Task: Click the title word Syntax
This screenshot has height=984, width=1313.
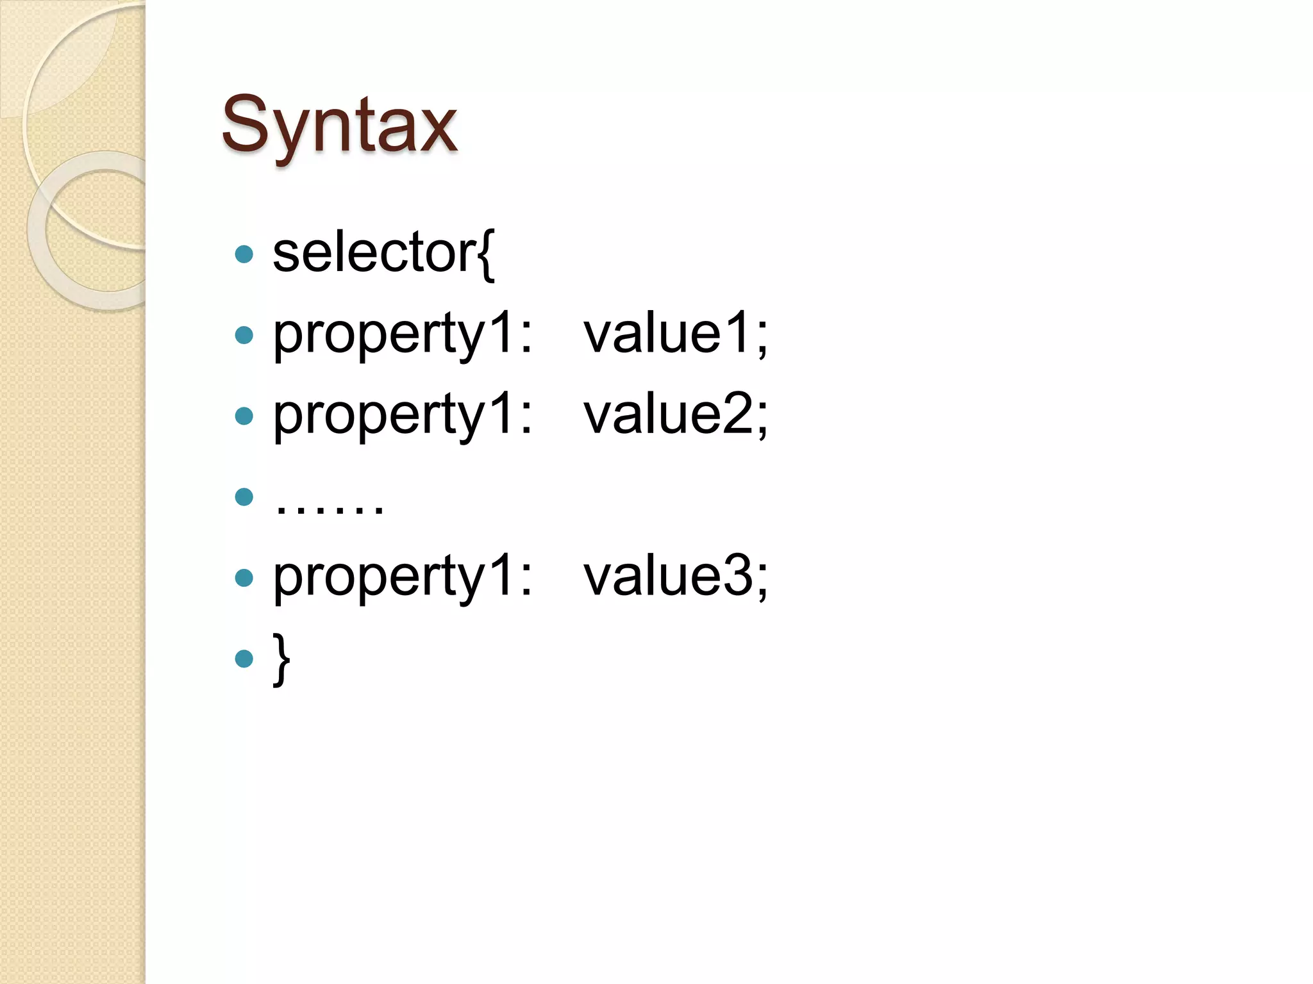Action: click(339, 125)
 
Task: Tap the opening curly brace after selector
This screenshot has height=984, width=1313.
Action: click(486, 255)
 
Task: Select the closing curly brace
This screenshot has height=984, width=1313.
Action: click(281, 659)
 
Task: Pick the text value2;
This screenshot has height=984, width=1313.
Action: click(675, 414)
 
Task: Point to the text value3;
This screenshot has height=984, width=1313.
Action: click(675, 576)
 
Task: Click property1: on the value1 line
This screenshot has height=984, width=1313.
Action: click(403, 334)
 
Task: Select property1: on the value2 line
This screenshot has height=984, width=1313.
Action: click(403, 416)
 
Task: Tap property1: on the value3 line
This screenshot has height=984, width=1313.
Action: click(403, 577)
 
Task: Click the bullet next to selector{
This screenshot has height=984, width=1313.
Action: click(244, 254)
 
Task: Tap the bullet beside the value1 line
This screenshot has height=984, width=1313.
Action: click(244, 335)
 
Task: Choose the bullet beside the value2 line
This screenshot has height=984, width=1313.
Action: click(244, 416)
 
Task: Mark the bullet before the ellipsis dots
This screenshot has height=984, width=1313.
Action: click(244, 496)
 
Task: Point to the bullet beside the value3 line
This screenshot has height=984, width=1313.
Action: click(244, 578)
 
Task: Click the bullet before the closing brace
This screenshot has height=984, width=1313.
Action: click(244, 659)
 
